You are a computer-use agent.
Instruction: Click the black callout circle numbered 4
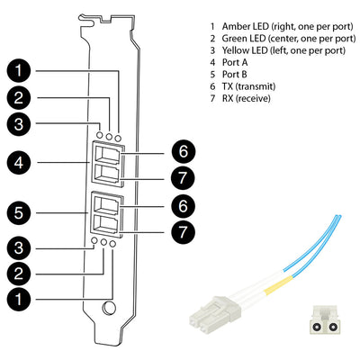click(x=19, y=163)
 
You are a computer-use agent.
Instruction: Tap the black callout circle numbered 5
click(x=19, y=213)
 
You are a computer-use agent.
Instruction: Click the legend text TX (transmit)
click(x=248, y=86)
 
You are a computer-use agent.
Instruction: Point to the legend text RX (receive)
click(x=247, y=98)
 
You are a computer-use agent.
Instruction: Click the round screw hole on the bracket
click(x=109, y=308)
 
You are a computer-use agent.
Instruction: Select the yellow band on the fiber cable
click(x=278, y=284)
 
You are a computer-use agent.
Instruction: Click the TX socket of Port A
click(x=107, y=155)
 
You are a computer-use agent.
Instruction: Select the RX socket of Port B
click(x=105, y=224)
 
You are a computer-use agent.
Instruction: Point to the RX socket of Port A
click(x=107, y=175)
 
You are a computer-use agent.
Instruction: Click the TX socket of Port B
click(x=105, y=205)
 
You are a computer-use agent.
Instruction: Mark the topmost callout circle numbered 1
click(x=19, y=71)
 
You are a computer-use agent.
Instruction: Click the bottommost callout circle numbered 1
click(x=19, y=299)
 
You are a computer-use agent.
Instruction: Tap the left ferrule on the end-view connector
click(x=316, y=327)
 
